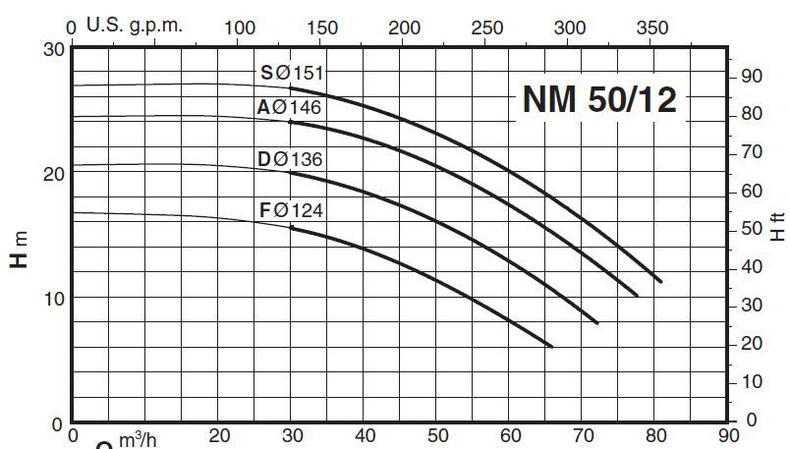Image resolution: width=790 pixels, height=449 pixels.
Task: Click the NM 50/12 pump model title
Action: (598, 99)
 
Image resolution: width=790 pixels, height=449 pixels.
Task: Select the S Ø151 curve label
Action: (292, 73)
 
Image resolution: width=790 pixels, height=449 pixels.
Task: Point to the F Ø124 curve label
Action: (291, 209)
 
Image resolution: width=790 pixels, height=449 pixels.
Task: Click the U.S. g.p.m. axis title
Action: (135, 26)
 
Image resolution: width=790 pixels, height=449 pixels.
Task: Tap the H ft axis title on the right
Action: (777, 228)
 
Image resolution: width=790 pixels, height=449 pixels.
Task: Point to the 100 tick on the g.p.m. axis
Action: (241, 28)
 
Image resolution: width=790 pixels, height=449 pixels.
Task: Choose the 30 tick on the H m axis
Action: (55, 49)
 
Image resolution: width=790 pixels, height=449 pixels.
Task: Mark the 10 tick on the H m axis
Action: (55, 298)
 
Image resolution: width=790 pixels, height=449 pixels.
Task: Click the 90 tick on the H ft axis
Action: (751, 76)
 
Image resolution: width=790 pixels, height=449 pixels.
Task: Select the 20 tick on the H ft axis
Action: (751, 343)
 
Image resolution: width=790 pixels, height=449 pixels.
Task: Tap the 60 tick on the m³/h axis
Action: (510, 435)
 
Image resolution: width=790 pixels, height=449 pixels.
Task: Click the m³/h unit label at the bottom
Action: (138, 439)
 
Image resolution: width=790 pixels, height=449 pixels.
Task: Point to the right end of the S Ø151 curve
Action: (660, 281)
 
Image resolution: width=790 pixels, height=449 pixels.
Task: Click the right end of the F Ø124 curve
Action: (552, 346)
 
